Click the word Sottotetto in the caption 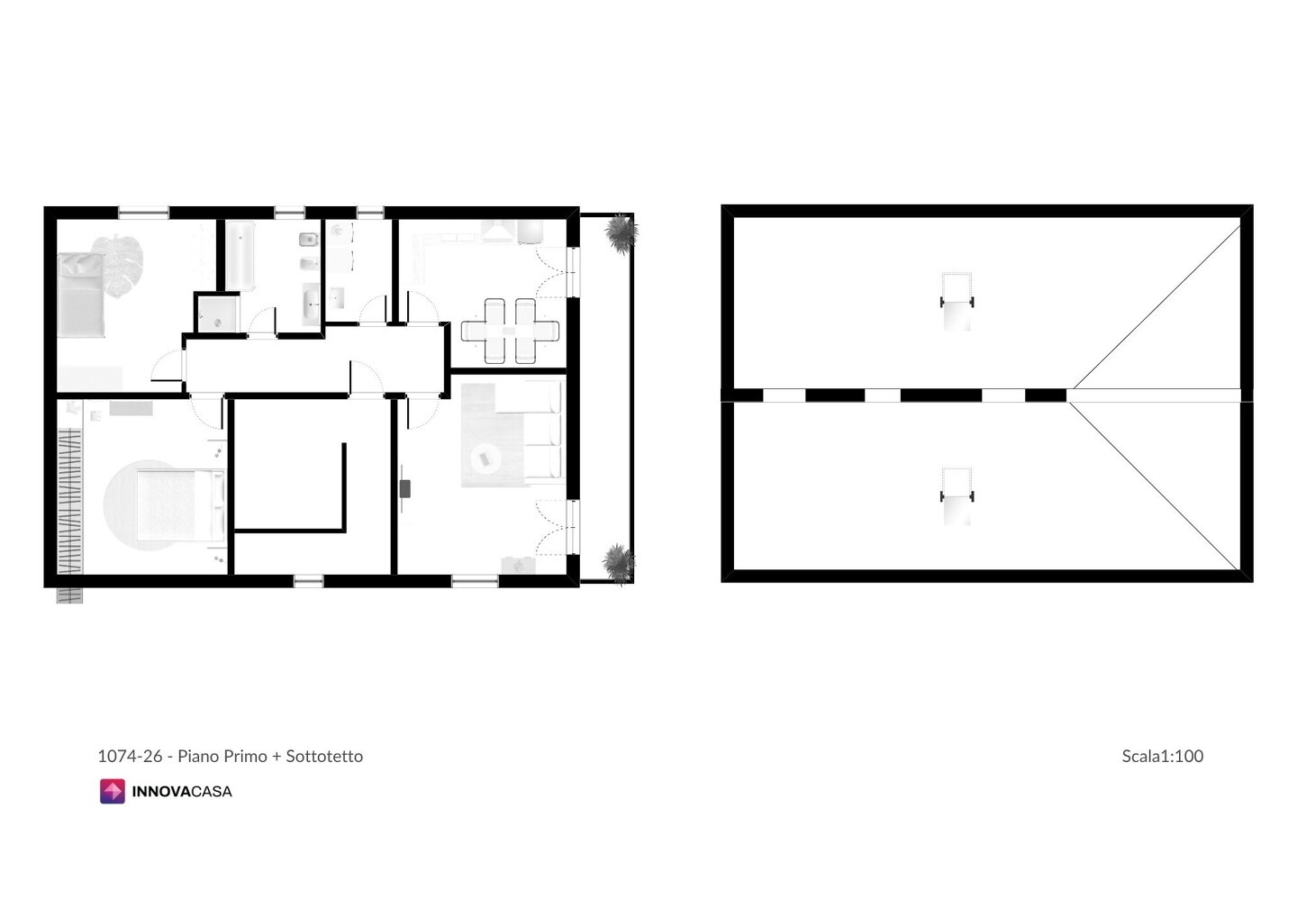tap(324, 756)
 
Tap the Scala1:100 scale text tap(1162, 756)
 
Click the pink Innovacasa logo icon tap(113, 792)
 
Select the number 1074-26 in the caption tap(130, 756)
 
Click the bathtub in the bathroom tap(240, 256)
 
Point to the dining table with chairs tap(510, 331)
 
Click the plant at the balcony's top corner tap(621, 232)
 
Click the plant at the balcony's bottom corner tap(619, 564)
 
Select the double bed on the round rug tap(180, 505)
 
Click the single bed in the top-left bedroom tap(81, 295)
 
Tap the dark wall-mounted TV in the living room tap(404, 488)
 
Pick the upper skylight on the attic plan tap(957, 302)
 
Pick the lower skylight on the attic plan tap(957, 496)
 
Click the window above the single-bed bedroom tap(143, 213)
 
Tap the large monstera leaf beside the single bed tap(119, 267)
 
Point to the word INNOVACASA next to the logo tap(182, 792)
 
